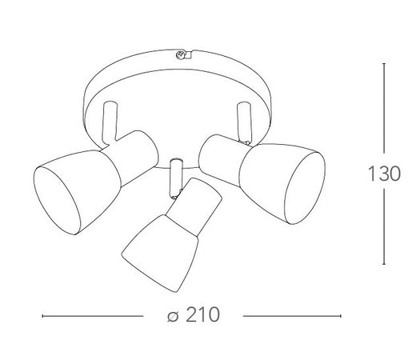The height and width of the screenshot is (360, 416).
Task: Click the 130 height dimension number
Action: coord(384,174)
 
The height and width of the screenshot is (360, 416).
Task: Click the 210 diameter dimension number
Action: coord(202,314)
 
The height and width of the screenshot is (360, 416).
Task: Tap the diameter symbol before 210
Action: coord(173,316)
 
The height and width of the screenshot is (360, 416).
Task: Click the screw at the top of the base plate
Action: coord(180,54)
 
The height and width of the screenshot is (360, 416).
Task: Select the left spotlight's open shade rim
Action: coord(57,201)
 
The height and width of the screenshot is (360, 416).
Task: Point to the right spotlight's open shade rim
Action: coord(306,188)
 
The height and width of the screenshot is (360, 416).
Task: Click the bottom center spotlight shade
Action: coord(160,253)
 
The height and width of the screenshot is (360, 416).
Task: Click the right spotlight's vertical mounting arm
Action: coord(244,122)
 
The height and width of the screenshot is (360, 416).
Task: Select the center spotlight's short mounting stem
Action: coord(177,178)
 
